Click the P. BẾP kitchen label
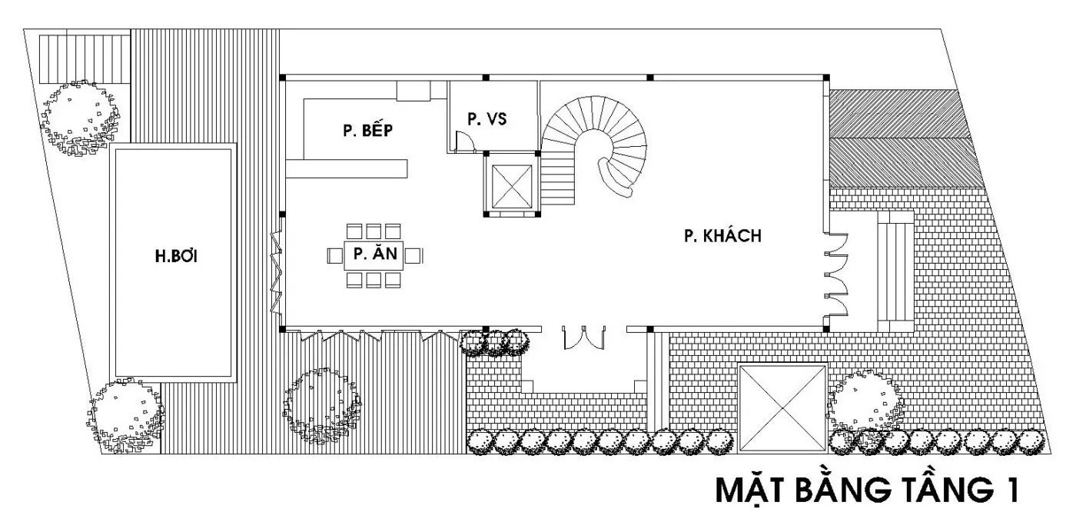(x=367, y=130)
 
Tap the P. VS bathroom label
(x=487, y=118)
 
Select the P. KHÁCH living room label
(x=722, y=235)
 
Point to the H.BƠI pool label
(x=176, y=256)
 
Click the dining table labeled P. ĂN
(x=374, y=255)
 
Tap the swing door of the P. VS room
(x=464, y=141)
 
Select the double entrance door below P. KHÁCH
(x=583, y=337)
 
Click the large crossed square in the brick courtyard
(x=783, y=408)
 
